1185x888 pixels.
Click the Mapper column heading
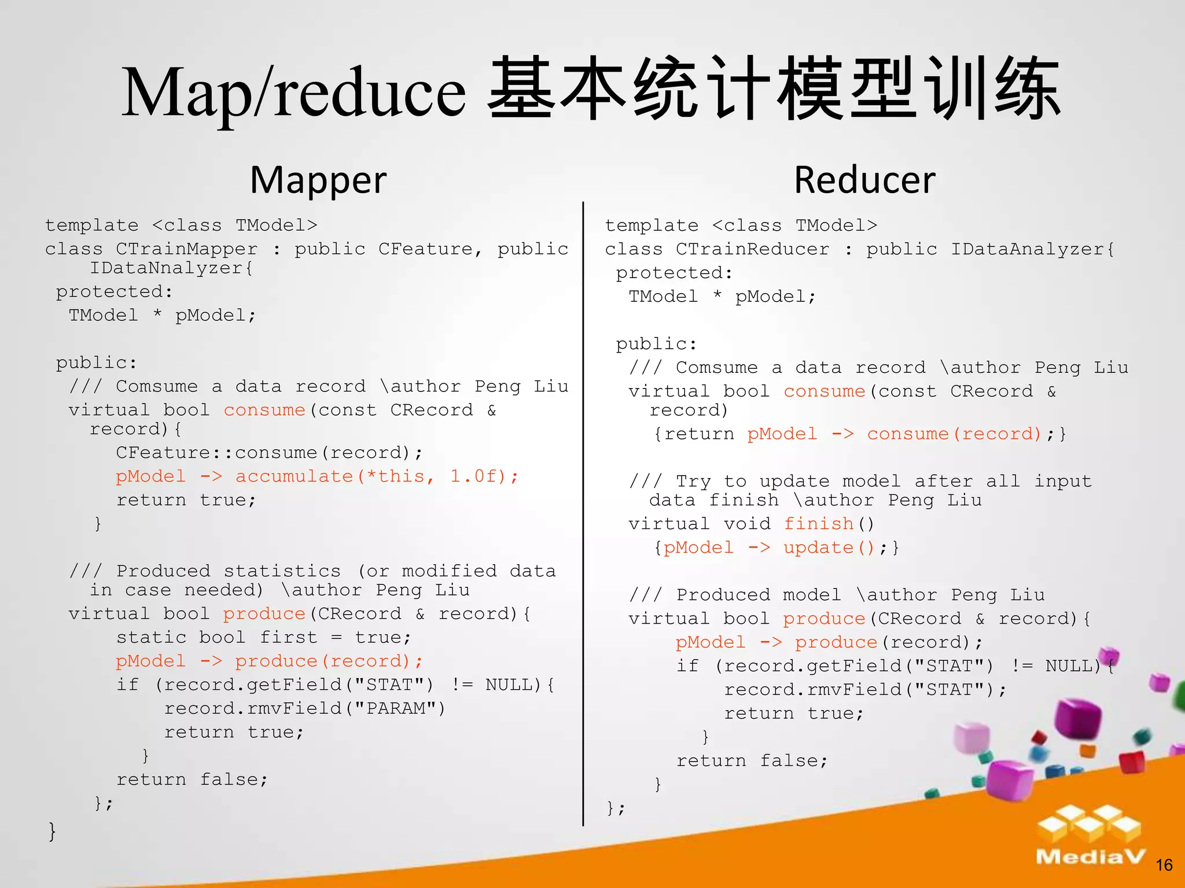click(x=318, y=180)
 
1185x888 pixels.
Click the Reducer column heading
click(x=864, y=180)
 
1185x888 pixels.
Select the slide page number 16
click(x=1164, y=865)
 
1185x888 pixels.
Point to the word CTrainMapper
click(x=186, y=249)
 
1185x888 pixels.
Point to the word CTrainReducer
click(x=752, y=249)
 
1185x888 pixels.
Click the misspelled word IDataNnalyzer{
click(x=171, y=268)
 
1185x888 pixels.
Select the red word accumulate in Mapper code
click(x=294, y=476)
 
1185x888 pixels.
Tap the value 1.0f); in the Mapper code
click(x=484, y=476)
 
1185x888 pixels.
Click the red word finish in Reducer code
click(x=819, y=524)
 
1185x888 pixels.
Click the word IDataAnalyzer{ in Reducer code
click(x=1033, y=249)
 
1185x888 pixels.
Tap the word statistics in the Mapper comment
click(x=282, y=571)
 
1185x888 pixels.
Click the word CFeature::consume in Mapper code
click(x=216, y=453)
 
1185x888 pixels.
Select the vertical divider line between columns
click(x=583, y=515)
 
